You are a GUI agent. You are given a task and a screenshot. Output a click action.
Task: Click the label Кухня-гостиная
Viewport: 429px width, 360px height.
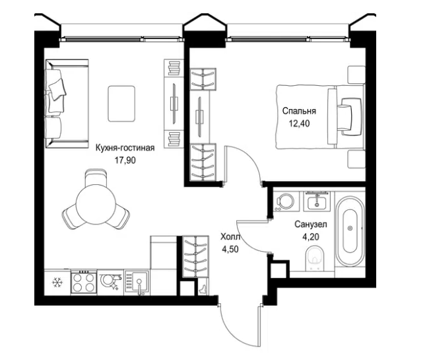[x=125, y=148]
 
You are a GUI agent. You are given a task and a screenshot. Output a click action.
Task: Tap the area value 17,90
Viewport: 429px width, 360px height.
[x=125, y=160]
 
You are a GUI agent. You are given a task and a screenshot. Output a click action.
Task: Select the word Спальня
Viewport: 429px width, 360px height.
[x=299, y=111]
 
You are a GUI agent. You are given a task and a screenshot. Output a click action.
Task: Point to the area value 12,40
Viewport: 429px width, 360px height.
[x=300, y=124]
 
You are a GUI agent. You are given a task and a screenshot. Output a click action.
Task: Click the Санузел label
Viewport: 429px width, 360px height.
[x=311, y=225]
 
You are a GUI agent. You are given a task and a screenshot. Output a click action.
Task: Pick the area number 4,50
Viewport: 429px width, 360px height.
[x=230, y=249]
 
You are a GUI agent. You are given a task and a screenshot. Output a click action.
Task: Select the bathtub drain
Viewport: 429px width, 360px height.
[x=350, y=228]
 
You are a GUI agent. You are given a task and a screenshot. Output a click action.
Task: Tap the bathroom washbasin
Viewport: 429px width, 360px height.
[x=317, y=201]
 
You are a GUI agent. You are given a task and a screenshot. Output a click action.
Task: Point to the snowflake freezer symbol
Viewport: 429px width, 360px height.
[x=57, y=282]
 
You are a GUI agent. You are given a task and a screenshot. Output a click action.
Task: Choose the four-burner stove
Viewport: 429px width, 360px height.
[x=83, y=283]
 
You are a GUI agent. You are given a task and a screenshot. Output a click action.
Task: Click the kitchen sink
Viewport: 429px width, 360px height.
[x=137, y=283]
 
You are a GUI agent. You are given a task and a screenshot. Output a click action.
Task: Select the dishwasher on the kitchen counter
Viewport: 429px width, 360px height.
[x=110, y=283]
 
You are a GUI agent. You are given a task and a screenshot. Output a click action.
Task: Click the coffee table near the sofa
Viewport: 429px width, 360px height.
[x=121, y=104]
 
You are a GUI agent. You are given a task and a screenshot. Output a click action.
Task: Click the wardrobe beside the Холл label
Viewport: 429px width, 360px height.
[x=195, y=256]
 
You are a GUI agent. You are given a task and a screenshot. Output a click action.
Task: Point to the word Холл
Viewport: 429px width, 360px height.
[x=230, y=236]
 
